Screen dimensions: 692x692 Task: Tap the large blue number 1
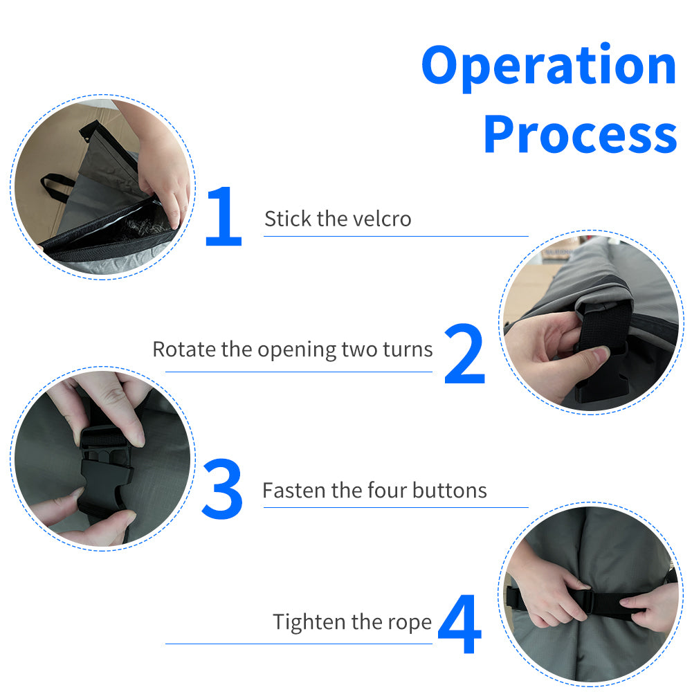224,216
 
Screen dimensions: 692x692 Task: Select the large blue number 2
465,354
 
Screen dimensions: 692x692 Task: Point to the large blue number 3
222,489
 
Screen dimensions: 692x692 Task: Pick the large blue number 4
460,623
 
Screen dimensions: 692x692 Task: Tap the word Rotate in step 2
184,349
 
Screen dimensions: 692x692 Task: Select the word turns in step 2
408,349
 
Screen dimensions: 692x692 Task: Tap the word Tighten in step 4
309,623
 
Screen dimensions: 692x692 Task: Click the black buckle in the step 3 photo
106,468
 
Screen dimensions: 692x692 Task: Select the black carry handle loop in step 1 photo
57,188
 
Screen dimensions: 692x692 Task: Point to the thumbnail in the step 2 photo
600,352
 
